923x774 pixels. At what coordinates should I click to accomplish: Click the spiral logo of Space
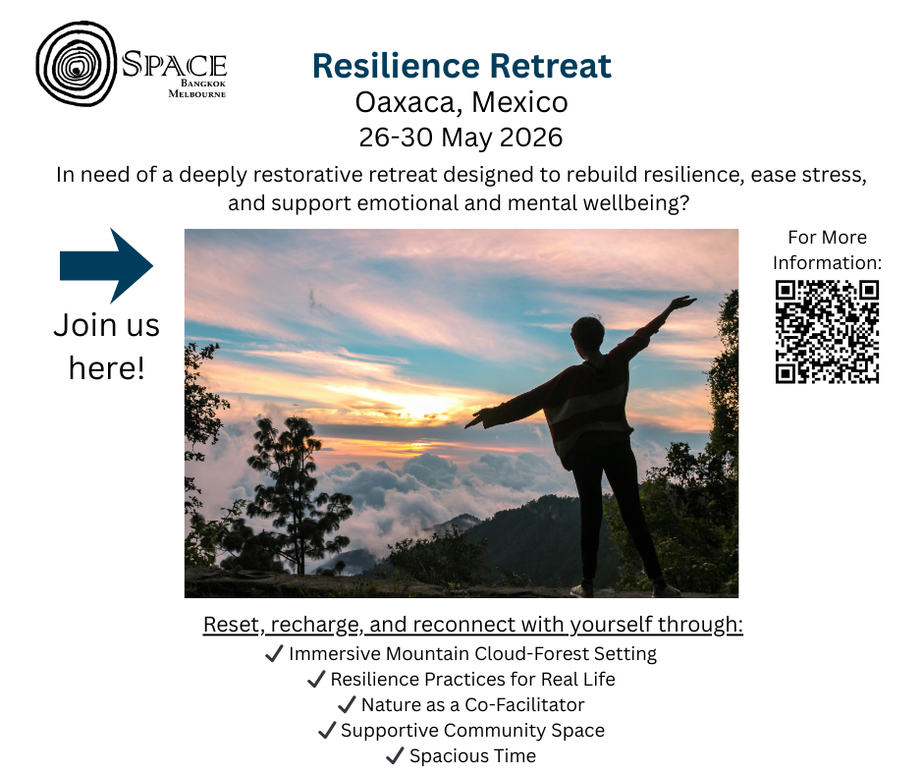click(76, 64)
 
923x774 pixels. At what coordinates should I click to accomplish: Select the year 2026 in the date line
click(531, 138)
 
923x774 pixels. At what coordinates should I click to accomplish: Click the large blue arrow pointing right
click(107, 265)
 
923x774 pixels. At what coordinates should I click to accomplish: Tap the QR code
click(827, 332)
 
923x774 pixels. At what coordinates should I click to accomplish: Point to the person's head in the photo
click(587, 333)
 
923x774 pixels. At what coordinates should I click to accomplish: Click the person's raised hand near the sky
click(681, 303)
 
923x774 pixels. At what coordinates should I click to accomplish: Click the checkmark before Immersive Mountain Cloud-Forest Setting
click(274, 653)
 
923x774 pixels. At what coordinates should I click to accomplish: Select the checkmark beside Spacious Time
click(395, 755)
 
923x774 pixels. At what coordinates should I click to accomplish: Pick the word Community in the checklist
click(495, 731)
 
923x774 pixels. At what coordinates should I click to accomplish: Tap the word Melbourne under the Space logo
click(197, 93)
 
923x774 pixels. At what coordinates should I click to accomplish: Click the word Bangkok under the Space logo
click(203, 83)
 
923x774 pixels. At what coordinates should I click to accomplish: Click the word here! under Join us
click(107, 368)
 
